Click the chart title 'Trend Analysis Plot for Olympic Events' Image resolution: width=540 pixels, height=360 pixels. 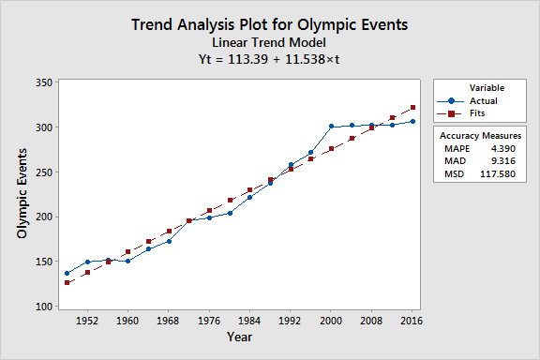pyautogui.click(x=270, y=24)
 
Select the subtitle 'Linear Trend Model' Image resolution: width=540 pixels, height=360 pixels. pyautogui.click(x=269, y=43)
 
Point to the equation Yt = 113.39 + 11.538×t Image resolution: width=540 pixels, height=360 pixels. pyautogui.click(x=269, y=59)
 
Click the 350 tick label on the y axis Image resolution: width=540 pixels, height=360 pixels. pyautogui.click(x=44, y=82)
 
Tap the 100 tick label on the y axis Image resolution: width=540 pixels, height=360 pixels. pyautogui.click(x=44, y=307)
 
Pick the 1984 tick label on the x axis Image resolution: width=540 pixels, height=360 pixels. pyautogui.click(x=249, y=321)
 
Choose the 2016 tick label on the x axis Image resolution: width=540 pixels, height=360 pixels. pyautogui.click(x=412, y=321)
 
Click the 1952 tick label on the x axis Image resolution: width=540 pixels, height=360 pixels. pyautogui.click(x=87, y=321)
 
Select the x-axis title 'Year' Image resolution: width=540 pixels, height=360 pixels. pyautogui.click(x=239, y=337)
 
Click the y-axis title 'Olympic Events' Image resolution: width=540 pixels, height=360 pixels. pyautogui.click(x=22, y=193)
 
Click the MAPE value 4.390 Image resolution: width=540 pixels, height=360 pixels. pyautogui.click(x=503, y=149)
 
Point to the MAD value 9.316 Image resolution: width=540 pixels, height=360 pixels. pyautogui.click(x=503, y=161)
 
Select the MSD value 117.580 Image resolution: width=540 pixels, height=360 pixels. pyautogui.click(x=498, y=173)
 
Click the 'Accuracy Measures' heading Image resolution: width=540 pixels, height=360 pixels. pyautogui.click(x=480, y=136)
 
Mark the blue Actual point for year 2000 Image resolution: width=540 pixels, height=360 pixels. pyautogui.click(x=331, y=127)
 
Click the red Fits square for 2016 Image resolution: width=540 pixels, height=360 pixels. pyautogui.click(x=412, y=108)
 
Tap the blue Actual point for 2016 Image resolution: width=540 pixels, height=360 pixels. pyautogui.click(x=412, y=121)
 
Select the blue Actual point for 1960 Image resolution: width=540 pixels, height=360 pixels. pyautogui.click(x=127, y=262)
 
